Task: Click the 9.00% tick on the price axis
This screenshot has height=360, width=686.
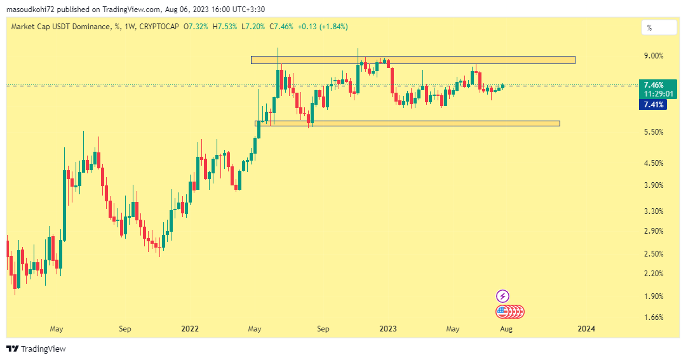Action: pyautogui.click(x=653, y=56)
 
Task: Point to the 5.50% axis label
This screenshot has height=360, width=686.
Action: pyautogui.click(x=653, y=132)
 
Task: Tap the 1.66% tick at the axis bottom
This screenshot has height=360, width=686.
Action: pyautogui.click(x=653, y=317)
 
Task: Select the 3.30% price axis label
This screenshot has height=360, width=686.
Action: pyautogui.click(x=653, y=211)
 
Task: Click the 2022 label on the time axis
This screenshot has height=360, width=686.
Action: pyautogui.click(x=190, y=329)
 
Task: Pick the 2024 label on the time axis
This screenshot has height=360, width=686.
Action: pyautogui.click(x=586, y=329)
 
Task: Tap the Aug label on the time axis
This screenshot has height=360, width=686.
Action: pyautogui.click(x=506, y=329)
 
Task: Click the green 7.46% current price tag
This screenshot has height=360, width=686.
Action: pyautogui.click(x=654, y=85)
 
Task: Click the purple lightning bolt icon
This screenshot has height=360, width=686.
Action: pyautogui.click(x=502, y=296)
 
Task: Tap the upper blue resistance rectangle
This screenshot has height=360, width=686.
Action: pyautogui.click(x=413, y=60)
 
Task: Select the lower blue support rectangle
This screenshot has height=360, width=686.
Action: pyautogui.click(x=407, y=123)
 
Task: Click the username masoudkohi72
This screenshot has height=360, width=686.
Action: pyautogui.click(x=31, y=10)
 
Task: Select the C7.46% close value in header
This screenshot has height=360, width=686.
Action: pyautogui.click(x=282, y=27)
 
